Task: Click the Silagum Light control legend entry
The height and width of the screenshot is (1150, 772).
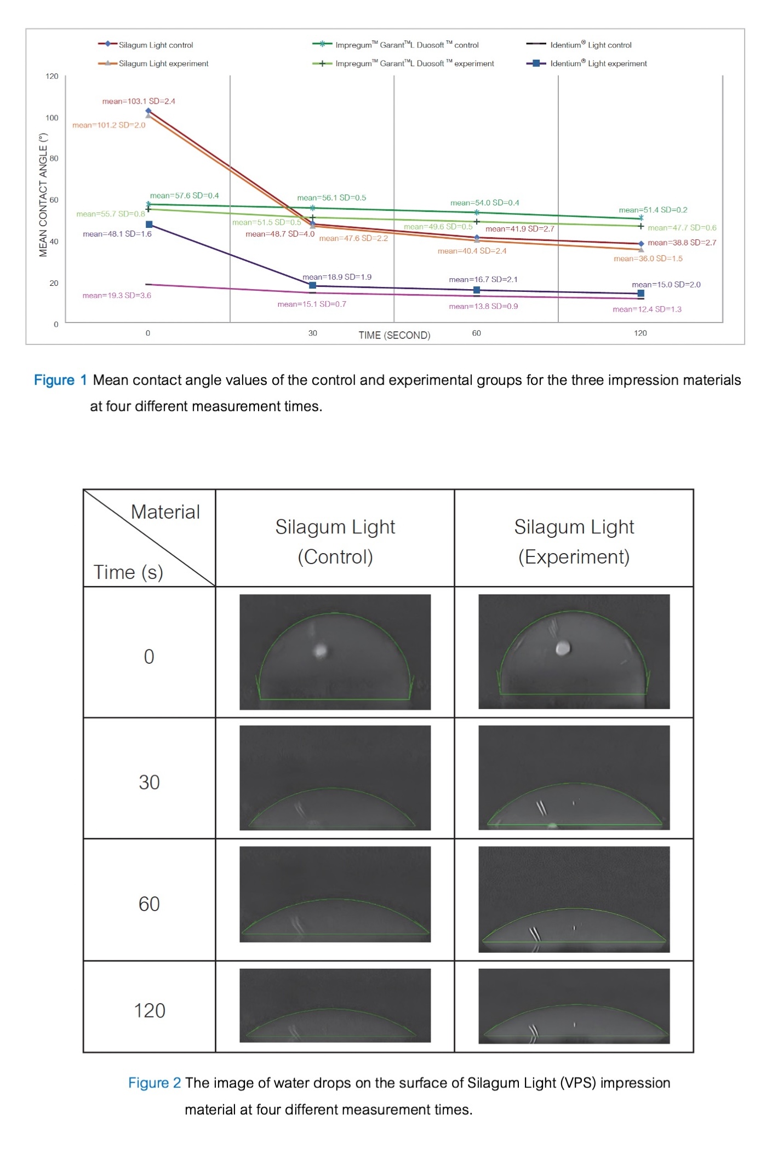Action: (x=146, y=45)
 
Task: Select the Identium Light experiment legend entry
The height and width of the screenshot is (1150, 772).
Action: (x=587, y=64)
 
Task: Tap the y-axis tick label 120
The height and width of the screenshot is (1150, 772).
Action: (x=52, y=76)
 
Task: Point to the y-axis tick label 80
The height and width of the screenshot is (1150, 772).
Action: (x=54, y=158)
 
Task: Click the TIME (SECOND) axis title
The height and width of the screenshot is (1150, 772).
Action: (x=394, y=335)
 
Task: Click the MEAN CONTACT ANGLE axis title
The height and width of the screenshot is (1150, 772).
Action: (x=43, y=195)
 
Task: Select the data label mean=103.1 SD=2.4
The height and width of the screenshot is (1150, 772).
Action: (x=139, y=101)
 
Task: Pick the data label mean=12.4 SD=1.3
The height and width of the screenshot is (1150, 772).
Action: (x=647, y=309)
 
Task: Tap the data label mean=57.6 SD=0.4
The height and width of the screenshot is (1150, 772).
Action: (x=184, y=196)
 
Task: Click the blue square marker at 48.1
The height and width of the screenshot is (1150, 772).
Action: (x=149, y=225)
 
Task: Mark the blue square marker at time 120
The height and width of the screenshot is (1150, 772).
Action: (x=641, y=294)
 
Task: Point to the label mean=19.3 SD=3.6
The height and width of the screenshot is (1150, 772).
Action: (x=117, y=296)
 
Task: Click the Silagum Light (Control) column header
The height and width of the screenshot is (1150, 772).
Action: (x=335, y=542)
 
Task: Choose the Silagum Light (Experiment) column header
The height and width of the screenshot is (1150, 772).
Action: (x=574, y=542)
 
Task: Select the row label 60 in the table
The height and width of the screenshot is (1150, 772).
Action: (x=149, y=904)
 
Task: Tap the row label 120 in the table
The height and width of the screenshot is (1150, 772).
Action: (x=150, y=1010)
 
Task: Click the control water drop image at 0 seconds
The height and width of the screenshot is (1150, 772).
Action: (x=335, y=652)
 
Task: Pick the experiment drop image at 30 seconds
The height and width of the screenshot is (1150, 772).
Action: (x=574, y=778)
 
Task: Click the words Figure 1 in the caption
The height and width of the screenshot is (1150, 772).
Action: (x=60, y=380)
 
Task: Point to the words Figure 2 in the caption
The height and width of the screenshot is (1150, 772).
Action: (x=155, y=1083)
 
